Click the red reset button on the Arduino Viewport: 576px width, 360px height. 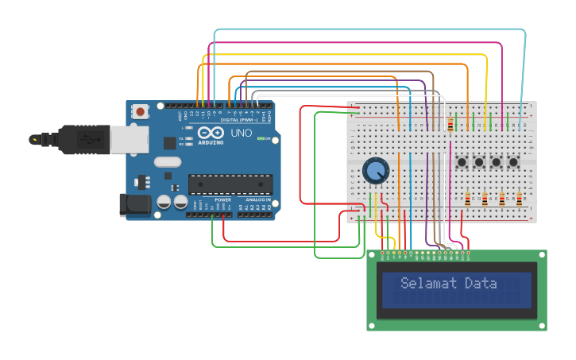141,112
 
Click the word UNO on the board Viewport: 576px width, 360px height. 241,133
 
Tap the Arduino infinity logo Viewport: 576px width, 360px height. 211,133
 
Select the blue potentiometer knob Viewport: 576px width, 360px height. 375,170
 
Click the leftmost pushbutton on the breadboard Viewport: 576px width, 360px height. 462,163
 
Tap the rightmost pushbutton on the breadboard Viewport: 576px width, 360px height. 514,163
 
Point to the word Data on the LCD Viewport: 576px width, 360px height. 481,284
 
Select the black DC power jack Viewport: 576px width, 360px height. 135,204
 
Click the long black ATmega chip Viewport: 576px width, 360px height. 230,184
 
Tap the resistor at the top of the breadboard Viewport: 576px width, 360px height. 451,125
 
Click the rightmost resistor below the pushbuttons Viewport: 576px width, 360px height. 520,199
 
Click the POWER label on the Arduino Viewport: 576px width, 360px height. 222,199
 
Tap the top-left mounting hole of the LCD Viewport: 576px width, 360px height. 372,255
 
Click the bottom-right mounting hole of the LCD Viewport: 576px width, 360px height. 542,325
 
